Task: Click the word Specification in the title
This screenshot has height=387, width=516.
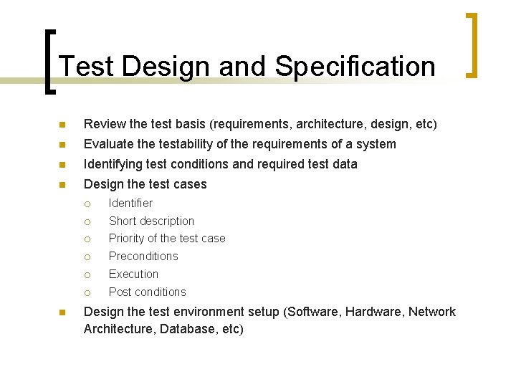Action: (x=355, y=67)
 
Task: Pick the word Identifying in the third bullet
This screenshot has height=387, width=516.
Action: (x=115, y=164)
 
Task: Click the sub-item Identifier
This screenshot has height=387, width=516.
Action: (x=130, y=203)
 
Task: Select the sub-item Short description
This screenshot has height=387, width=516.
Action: (x=151, y=221)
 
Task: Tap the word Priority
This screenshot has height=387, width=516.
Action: (x=126, y=238)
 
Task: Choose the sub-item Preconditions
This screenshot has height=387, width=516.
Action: (x=143, y=256)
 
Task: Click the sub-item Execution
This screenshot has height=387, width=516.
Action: (x=133, y=274)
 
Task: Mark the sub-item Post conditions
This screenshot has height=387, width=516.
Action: (x=147, y=292)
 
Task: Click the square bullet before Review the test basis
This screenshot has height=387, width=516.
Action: (x=63, y=125)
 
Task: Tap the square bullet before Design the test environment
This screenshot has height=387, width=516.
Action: (x=63, y=312)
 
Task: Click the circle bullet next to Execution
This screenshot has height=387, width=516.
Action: (x=87, y=274)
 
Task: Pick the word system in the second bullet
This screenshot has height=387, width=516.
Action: (x=376, y=144)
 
